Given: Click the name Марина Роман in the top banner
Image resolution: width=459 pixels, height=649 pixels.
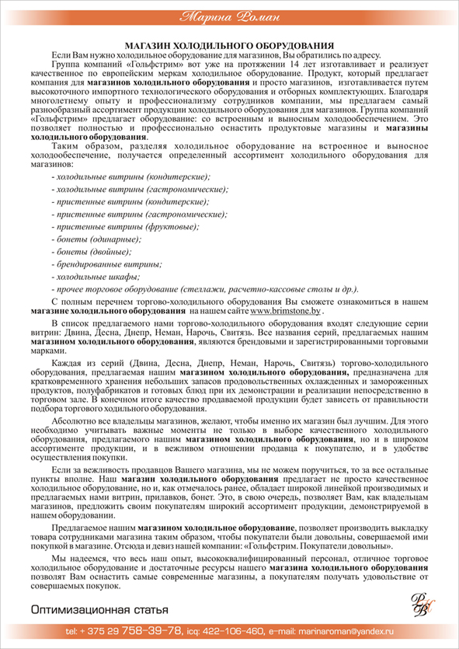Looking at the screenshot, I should tap(229, 16).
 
